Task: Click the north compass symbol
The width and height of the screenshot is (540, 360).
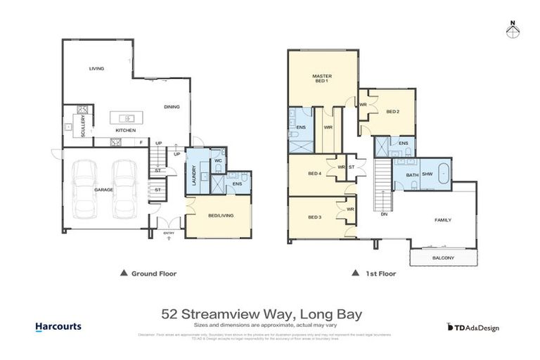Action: point(513,30)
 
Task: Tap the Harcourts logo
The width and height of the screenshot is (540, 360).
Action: point(58,327)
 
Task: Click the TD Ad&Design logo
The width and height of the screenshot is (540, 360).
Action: point(472,327)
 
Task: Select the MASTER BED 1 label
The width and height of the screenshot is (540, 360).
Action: point(321,79)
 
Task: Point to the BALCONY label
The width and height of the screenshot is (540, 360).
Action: point(443,258)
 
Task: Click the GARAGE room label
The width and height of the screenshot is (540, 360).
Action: point(104,190)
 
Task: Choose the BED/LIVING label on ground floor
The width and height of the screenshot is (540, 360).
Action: point(218,217)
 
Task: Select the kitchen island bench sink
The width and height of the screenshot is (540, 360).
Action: point(127,118)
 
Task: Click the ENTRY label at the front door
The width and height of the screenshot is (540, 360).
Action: point(169,233)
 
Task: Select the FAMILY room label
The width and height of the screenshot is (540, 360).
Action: point(443,220)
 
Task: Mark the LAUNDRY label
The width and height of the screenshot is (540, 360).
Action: point(193,174)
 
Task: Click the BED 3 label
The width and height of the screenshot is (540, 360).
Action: point(314,217)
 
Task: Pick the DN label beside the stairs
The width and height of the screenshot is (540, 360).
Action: point(383,214)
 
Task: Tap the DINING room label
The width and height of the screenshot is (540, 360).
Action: point(171,107)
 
